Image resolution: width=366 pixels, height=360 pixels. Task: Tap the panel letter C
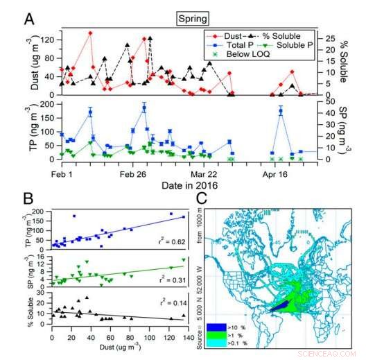tap(214, 199)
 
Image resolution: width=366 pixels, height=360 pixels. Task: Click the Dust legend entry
tap(234, 36)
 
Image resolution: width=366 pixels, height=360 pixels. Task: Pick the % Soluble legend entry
tap(283, 36)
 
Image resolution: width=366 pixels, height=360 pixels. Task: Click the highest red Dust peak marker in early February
tap(91, 33)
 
